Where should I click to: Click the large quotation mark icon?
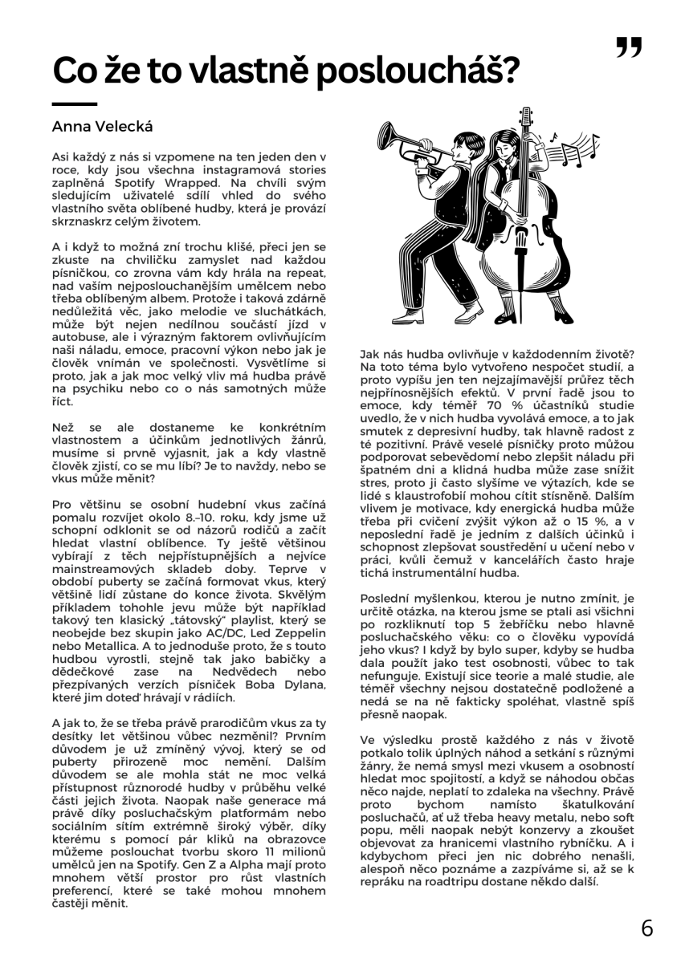click(x=629, y=47)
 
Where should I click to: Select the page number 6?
click(x=646, y=928)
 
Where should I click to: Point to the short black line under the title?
click(x=74, y=104)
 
